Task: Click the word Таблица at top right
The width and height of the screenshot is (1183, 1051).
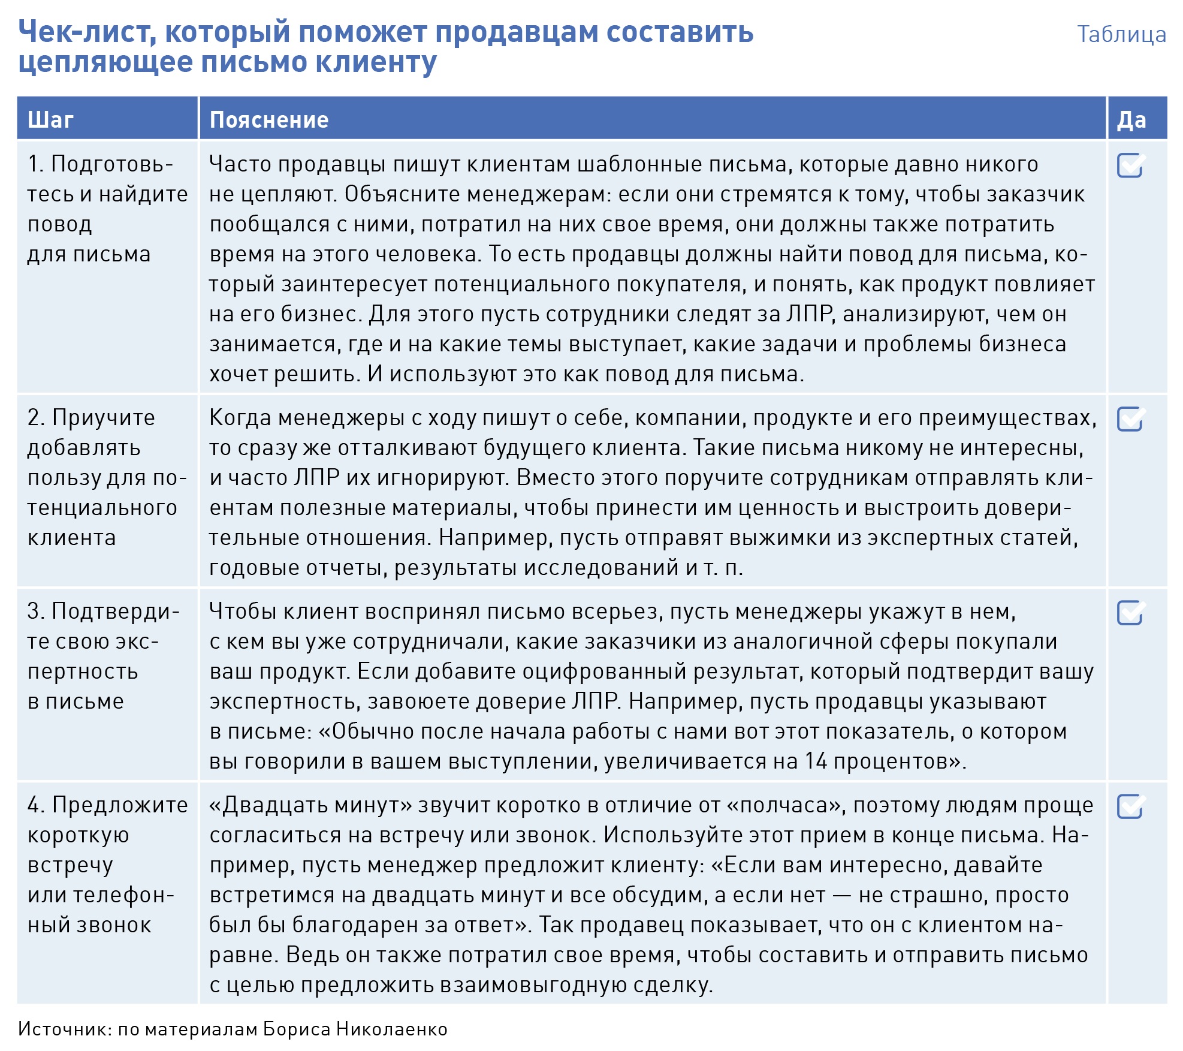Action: [x=1121, y=34]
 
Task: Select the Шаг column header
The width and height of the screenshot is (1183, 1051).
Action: [x=50, y=120]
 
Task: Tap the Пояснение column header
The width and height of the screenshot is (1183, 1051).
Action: [x=269, y=120]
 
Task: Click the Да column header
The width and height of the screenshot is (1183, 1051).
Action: [x=1131, y=120]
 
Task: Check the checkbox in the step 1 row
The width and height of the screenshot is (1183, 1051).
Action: [x=1130, y=166]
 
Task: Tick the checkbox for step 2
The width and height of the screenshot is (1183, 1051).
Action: [x=1130, y=419]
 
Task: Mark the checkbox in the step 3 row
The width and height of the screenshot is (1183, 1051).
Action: [x=1130, y=613]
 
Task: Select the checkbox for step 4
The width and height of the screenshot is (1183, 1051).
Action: [x=1130, y=806]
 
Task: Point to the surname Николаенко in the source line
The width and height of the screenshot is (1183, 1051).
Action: [x=392, y=1029]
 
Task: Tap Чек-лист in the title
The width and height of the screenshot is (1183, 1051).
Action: [x=87, y=32]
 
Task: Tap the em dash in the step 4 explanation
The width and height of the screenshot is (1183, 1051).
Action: [x=842, y=895]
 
